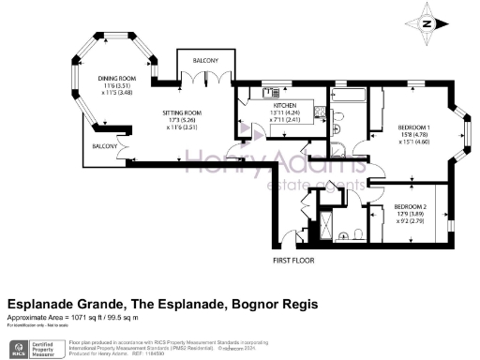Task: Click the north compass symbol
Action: (427, 23)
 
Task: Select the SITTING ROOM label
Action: (178, 112)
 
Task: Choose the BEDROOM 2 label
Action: (410, 206)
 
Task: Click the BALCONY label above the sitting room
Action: (206, 60)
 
